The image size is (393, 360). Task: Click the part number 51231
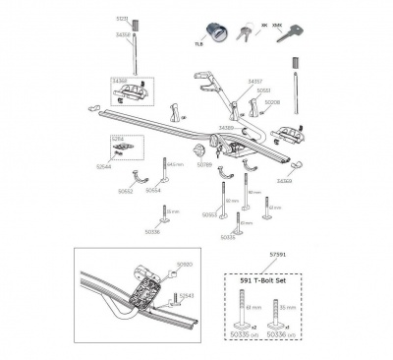121,18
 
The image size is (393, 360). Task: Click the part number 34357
255,82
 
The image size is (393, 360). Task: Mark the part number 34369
284,181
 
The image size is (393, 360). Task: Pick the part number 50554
153,190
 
